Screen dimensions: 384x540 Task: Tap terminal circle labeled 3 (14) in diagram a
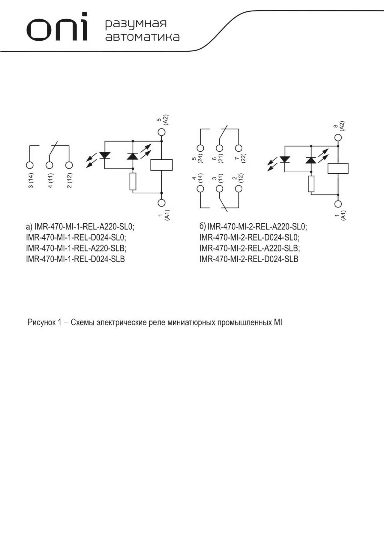(30, 165)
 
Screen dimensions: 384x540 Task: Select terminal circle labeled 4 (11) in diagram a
(49, 165)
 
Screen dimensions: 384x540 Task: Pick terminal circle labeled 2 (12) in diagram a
(69, 165)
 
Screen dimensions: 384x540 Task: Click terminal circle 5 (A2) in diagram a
(161, 132)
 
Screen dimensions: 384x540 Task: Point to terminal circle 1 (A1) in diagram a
(161, 203)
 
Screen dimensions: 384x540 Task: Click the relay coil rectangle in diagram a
(161, 165)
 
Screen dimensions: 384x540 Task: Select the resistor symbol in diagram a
(133, 182)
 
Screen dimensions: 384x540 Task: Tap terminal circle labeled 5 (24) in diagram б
(200, 148)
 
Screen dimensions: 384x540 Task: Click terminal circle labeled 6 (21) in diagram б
(220, 148)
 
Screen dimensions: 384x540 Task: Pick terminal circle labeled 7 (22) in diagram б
(239, 148)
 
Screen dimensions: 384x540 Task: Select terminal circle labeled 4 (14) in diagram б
(200, 189)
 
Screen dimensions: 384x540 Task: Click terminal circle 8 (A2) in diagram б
(338, 137)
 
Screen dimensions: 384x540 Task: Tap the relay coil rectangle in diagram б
(338, 168)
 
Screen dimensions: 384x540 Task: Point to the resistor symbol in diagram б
(311, 184)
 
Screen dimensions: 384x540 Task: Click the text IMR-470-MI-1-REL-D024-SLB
(75, 259)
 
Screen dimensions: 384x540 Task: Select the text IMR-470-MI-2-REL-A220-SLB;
(250, 248)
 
